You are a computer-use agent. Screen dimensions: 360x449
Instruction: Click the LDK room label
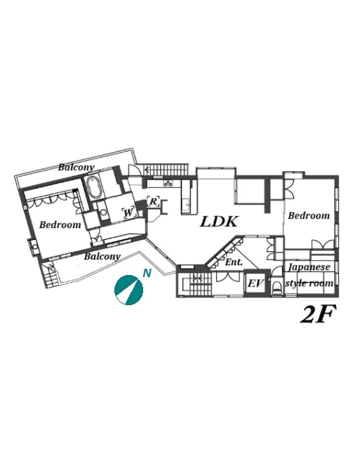coord(219,222)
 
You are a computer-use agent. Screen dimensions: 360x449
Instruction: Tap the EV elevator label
coord(255,283)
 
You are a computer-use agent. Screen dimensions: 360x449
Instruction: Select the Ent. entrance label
coord(234,262)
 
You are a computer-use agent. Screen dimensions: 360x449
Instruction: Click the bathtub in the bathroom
coord(94,187)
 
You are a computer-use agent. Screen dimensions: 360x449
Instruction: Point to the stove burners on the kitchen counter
coord(168,184)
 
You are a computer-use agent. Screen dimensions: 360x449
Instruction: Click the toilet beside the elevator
coord(277,288)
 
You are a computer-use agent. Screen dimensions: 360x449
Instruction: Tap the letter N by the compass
coord(147,274)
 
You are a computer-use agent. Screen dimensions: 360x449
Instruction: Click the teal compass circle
coord(128,290)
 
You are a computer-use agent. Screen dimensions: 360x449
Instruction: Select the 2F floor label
coord(317,314)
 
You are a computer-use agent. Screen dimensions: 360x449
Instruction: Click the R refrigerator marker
coord(154,201)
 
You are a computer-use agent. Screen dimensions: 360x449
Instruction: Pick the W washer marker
coord(128,213)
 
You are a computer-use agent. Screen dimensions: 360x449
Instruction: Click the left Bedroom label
coord(60,224)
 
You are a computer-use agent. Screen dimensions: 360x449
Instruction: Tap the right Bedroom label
coord(309,215)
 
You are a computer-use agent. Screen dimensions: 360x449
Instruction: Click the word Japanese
coord(309,267)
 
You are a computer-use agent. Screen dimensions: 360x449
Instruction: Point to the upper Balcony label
coord(76,167)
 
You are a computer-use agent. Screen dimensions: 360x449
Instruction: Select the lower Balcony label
coord(102,256)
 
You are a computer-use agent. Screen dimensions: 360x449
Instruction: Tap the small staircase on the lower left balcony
coord(50,276)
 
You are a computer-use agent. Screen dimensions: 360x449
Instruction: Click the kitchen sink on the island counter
coord(187,204)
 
